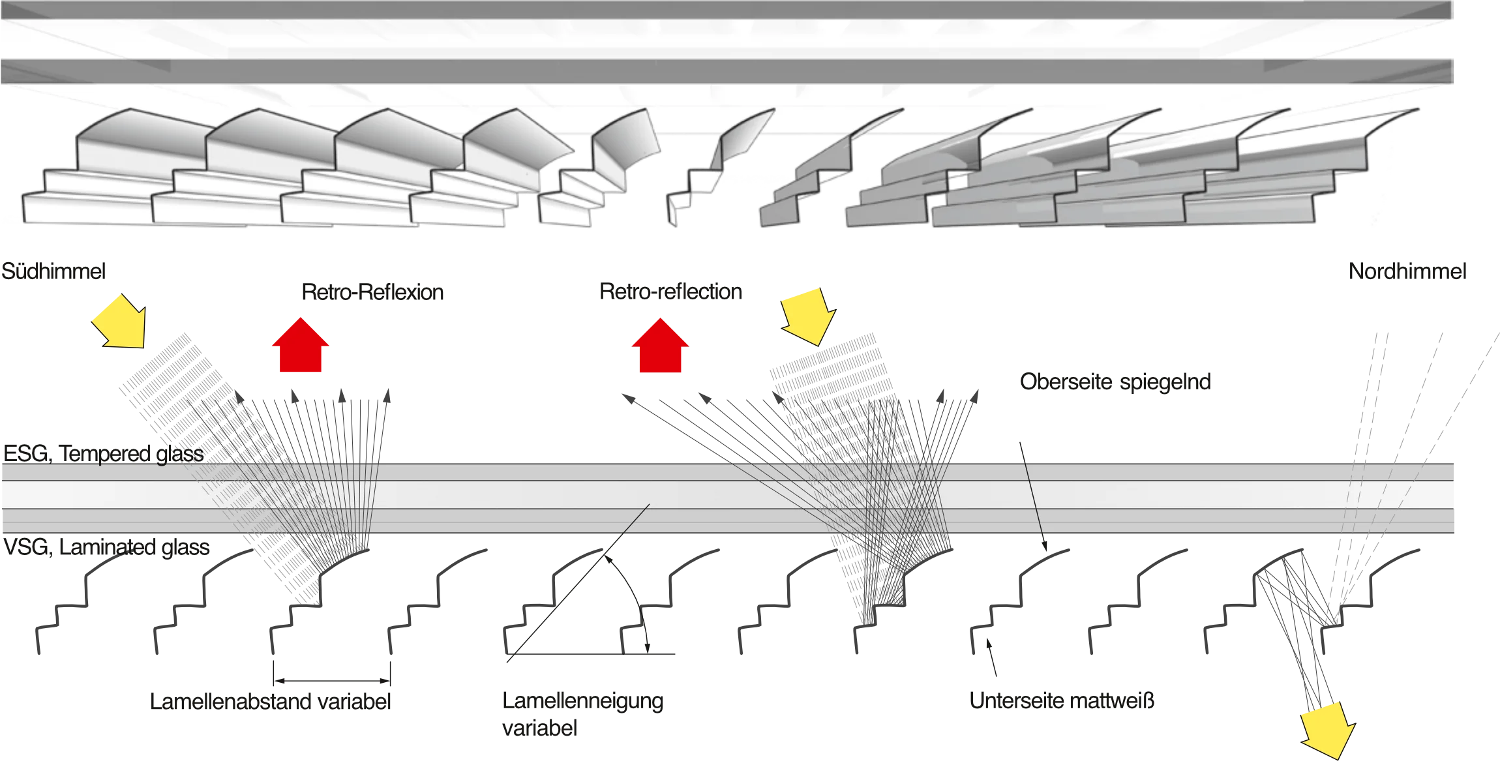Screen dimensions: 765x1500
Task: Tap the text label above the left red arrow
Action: [372, 294]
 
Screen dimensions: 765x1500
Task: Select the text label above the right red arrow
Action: [672, 293]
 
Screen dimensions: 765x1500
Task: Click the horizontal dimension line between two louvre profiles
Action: [333, 683]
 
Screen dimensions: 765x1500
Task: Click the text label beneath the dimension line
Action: [271, 701]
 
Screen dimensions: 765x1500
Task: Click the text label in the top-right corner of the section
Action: [1405, 273]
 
